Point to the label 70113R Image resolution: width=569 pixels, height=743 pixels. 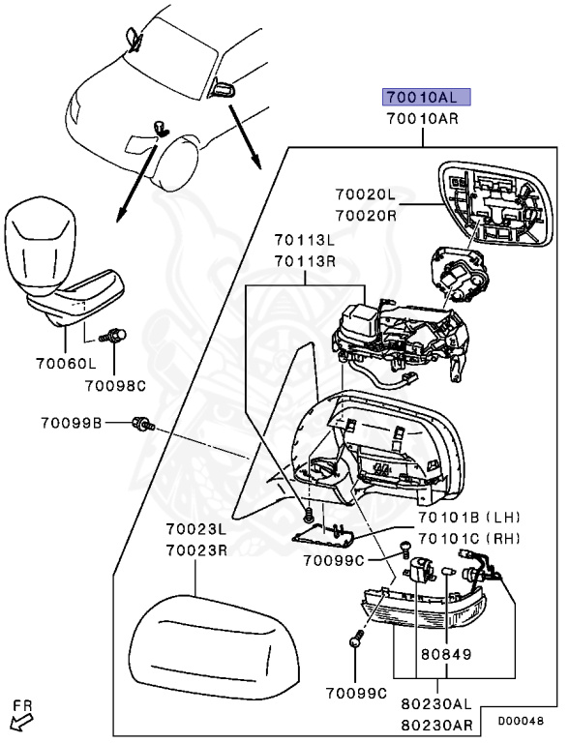coord(304,261)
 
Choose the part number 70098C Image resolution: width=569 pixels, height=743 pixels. coord(113,386)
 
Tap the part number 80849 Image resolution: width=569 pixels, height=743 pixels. coord(444,654)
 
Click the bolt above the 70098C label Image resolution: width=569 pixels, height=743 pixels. coord(114,336)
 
